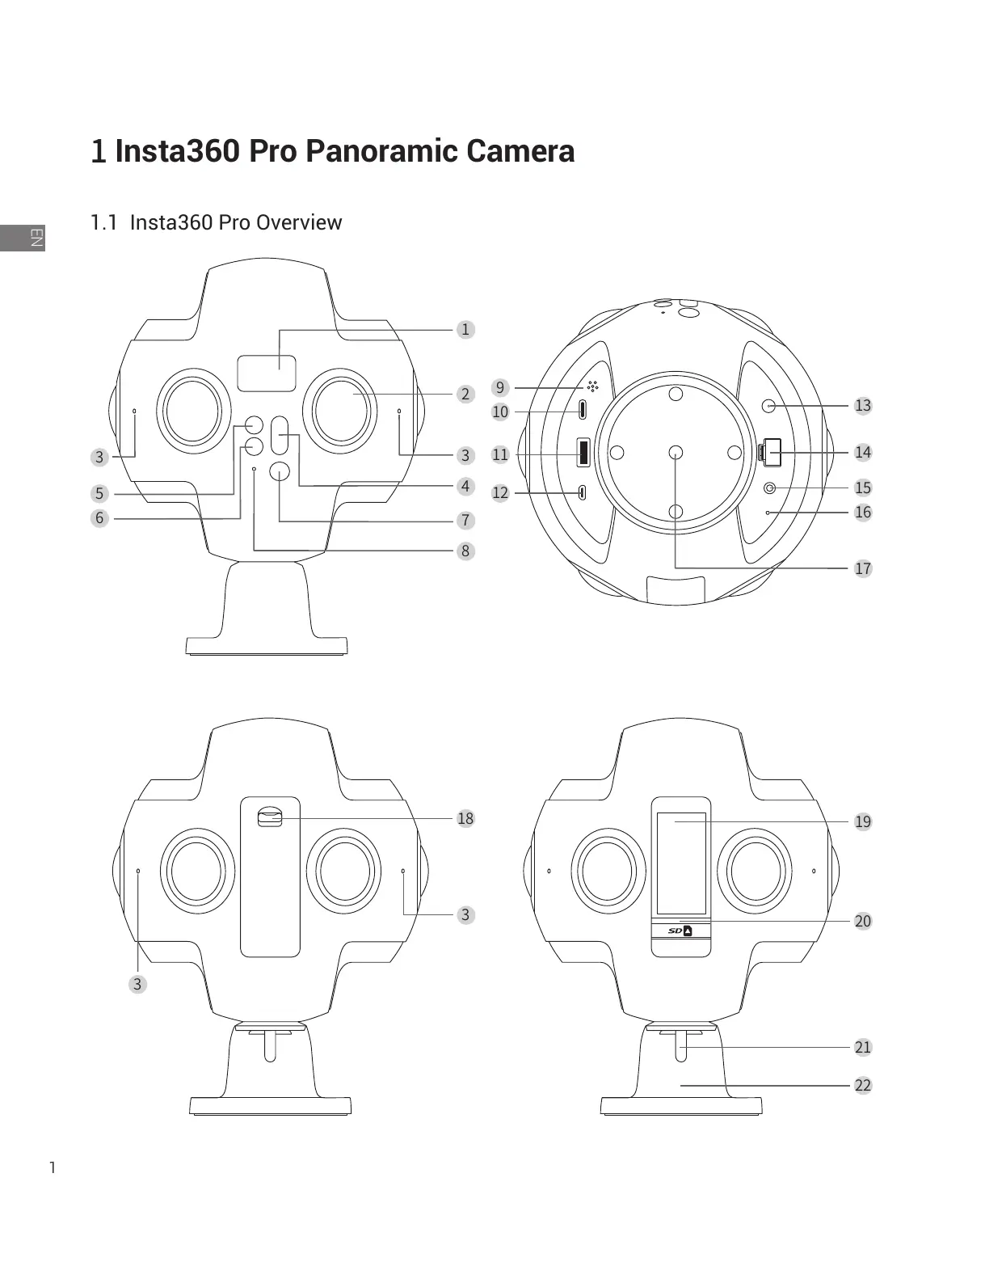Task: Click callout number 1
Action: click(465, 329)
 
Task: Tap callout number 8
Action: click(465, 551)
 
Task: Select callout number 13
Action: click(863, 405)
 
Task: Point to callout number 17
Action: click(863, 568)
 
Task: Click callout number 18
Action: click(465, 818)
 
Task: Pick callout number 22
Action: click(863, 1085)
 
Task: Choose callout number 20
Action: click(863, 921)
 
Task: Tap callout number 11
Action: click(500, 454)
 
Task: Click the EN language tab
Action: click(35, 237)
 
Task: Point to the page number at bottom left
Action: click(53, 1167)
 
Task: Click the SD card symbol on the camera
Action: click(681, 931)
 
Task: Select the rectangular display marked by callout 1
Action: click(267, 372)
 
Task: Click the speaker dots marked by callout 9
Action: click(592, 386)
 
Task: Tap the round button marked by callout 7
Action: click(280, 471)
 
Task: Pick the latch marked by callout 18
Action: click(269, 818)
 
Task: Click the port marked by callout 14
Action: click(771, 452)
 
